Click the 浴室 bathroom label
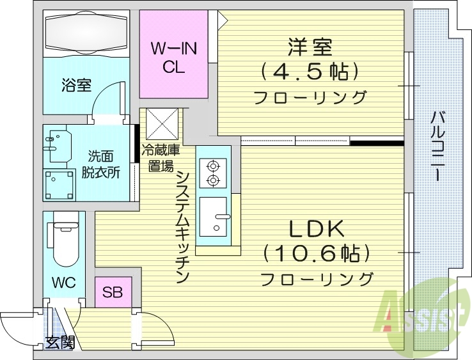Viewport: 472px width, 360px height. click(x=75, y=85)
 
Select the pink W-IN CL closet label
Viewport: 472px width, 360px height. click(x=173, y=58)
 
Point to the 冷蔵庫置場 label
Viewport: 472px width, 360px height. click(x=161, y=159)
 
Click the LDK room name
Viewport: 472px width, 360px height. click(x=317, y=229)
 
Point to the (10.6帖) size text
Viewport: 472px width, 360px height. click(x=317, y=254)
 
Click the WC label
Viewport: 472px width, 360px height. click(x=63, y=281)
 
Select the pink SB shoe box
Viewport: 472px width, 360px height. click(x=113, y=293)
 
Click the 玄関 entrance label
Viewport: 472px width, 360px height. click(x=59, y=343)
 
